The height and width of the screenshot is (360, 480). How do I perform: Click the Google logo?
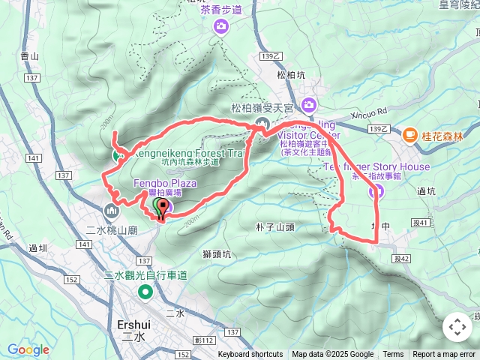tap(28, 349)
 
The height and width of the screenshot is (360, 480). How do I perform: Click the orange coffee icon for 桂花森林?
tap(410, 135)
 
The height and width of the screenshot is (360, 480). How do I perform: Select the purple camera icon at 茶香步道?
tap(221, 28)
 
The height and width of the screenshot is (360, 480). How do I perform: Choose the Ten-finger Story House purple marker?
tap(375, 193)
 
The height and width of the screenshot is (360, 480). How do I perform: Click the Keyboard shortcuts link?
tap(250, 355)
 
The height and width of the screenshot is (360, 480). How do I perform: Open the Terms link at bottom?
tap(393, 355)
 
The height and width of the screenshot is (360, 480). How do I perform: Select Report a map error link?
tap(445, 355)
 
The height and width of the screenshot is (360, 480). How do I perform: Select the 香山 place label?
tap(30, 55)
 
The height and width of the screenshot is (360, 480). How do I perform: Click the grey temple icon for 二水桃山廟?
tap(113, 211)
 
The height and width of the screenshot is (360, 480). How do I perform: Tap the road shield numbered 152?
tap(72, 280)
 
